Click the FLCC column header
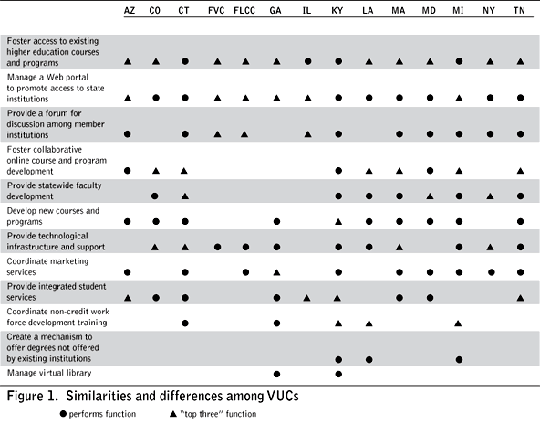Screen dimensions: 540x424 click(x=244, y=11)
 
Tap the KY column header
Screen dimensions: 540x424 click(x=337, y=11)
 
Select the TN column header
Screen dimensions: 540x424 click(x=519, y=11)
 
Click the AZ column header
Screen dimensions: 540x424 click(x=130, y=11)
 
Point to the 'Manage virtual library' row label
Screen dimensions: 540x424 click(x=49, y=373)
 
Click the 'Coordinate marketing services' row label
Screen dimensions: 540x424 click(x=47, y=266)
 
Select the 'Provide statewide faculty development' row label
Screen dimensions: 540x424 click(x=54, y=191)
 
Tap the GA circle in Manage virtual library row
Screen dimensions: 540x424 click(x=276, y=374)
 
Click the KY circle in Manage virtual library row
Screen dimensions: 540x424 click(x=338, y=374)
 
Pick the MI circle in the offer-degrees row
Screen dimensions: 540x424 click(x=459, y=360)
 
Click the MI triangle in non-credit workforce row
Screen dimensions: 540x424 click(x=458, y=323)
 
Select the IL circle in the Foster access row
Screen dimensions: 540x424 click(x=308, y=61)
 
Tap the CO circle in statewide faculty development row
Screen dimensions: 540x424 click(x=155, y=196)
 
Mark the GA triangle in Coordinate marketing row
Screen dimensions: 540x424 click(x=276, y=272)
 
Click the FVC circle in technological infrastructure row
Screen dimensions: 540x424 click(x=217, y=247)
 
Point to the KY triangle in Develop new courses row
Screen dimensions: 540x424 click(x=338, y=222)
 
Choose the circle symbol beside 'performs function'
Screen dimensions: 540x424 click(x=63, y=414)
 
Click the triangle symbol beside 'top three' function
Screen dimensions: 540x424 click(x=173, y=414)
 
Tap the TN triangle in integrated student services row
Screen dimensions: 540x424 click(x=520, y=298)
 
